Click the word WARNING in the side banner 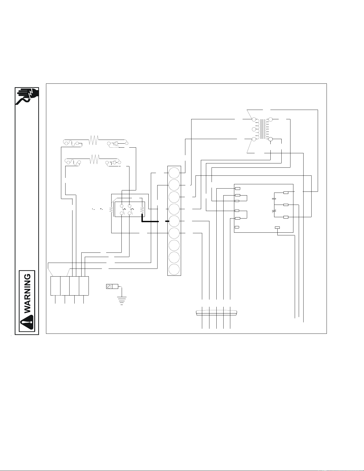29,293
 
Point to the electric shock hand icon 27,96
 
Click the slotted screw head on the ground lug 109,287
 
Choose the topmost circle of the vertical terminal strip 174,173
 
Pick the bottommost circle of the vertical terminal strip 174,270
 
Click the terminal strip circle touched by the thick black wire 174,221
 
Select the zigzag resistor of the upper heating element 94,140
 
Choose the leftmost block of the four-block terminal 55,286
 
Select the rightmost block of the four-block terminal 84,286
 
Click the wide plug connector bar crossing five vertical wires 216,313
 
